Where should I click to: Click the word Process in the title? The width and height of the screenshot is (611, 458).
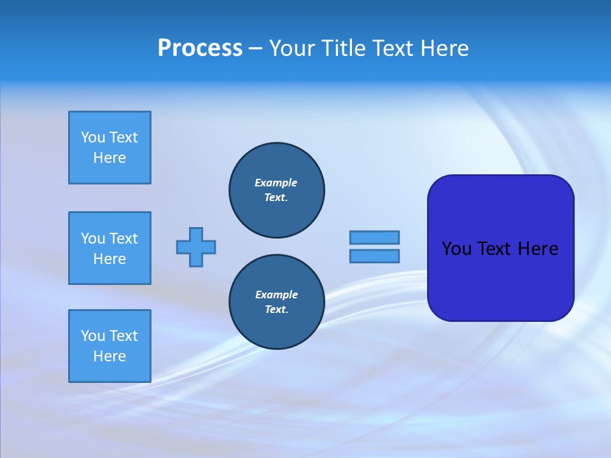tap(200, 48)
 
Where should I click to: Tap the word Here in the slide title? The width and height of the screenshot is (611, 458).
tap(445, 48)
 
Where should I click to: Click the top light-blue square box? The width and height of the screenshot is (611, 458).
tap(109, 148)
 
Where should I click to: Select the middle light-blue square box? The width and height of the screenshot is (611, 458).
tap(109, 248)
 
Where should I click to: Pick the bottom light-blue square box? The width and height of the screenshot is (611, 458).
tap(109, 346)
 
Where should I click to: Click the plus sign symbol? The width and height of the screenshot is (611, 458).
tap(196, 247)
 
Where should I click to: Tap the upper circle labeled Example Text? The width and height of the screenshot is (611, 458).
tap(277, 190)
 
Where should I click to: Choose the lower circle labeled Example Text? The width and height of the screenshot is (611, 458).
tap(277, 302)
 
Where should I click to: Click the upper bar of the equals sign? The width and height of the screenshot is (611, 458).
tap(374, 237)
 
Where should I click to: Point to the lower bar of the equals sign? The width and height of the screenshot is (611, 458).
tap(374, 256)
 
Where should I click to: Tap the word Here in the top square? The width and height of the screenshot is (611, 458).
tap(109, 158)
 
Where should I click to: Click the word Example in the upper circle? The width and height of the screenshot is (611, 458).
tap(276, 183)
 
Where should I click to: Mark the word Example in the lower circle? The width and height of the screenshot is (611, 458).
tap(276, 295)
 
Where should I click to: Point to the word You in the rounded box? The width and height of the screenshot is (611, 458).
tap(456, 249)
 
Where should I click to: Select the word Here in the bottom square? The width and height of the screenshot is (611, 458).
tap(109, 356)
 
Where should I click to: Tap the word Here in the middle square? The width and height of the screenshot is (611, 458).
tap(109, 259)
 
